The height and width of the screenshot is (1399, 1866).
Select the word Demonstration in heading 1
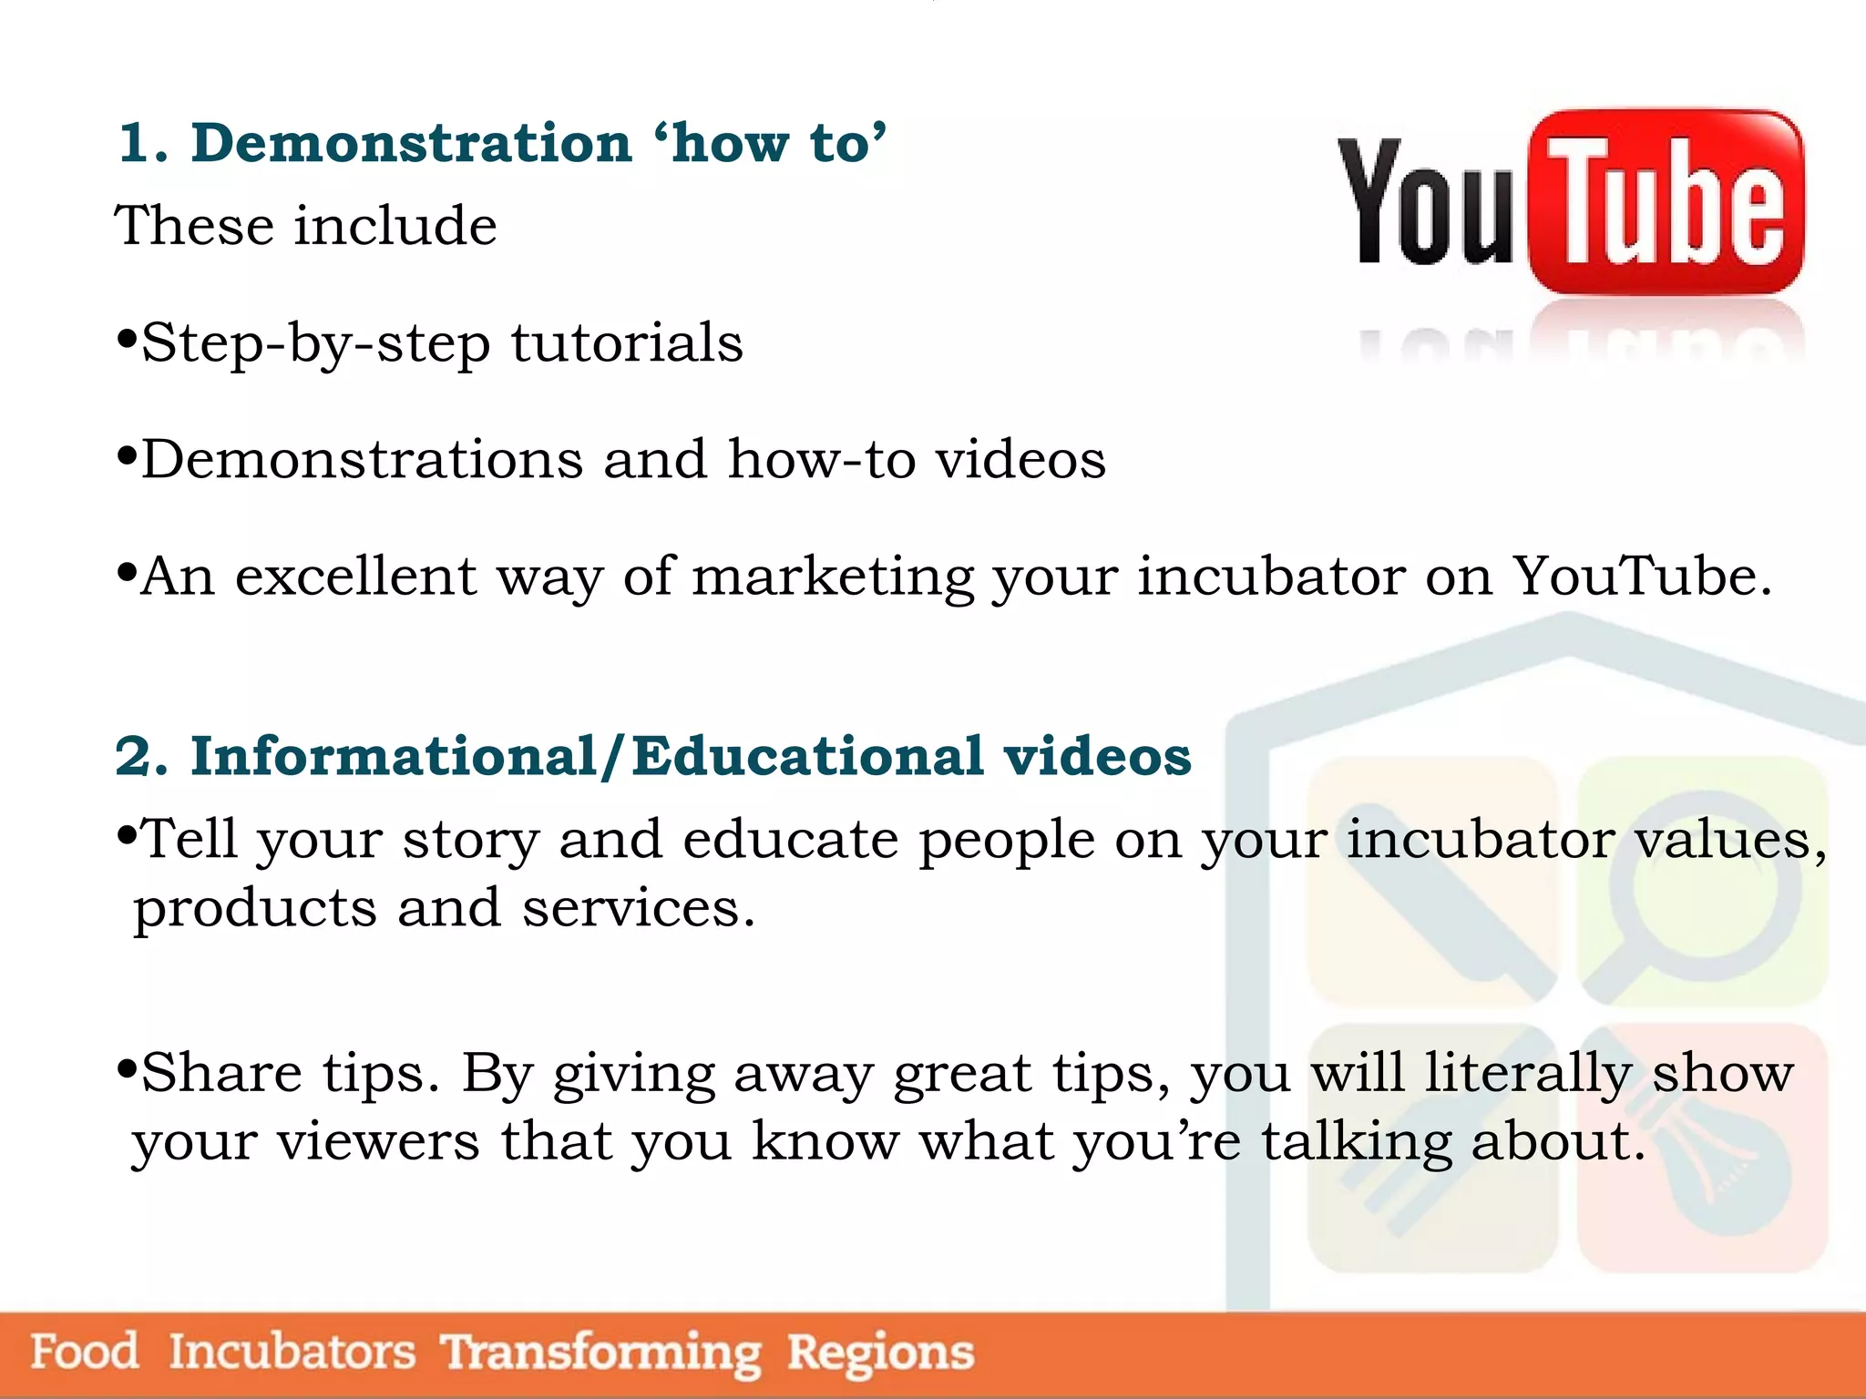click(x=411, y=144)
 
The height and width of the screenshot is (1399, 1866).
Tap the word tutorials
click(x=627, y=343)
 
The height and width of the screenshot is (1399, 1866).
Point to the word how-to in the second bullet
click(x=821, y=459)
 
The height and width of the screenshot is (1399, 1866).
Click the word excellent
click(x=355, y=577)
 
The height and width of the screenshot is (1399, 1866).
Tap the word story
click(x=471, y=840)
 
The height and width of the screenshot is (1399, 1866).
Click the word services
click(x=638, y=909)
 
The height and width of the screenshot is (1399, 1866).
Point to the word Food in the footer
click(x=85, y=1351)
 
